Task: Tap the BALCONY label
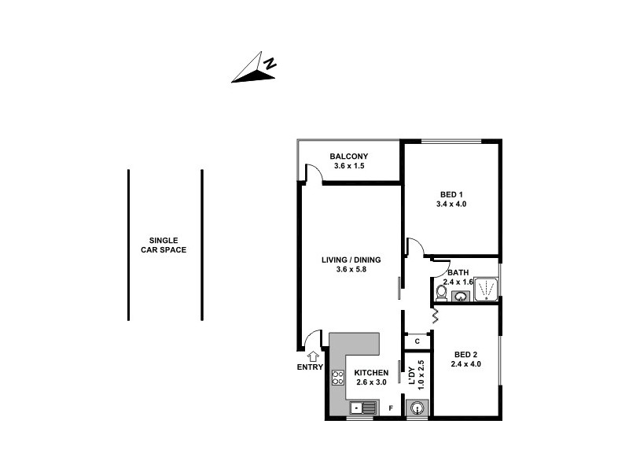click(350, 156)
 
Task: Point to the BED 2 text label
click(461, 353)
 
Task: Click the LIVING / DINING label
click(351, 260)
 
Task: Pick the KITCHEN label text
click(371, 372)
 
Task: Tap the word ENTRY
click(310, 367)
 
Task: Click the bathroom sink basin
click(461, 296)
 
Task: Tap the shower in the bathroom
click(487, 289)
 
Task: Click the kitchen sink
click(363, 407)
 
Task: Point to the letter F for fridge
click(391, 408)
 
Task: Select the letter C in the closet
click(416, 341)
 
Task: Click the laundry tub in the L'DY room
click(417, 407)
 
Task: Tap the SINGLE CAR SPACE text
click(164, 245)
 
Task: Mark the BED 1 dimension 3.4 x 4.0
click(451, 204)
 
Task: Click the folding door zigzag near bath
click(434, 316)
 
